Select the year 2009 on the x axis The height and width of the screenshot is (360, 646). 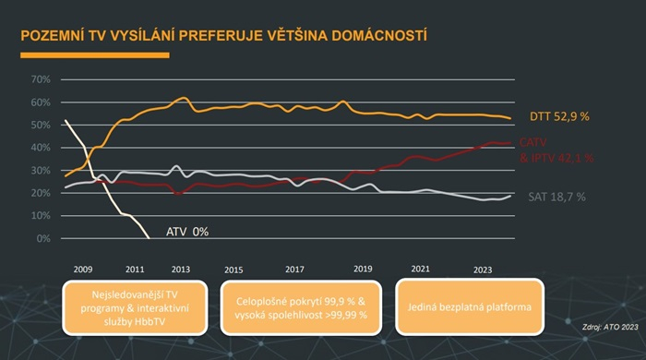[x=83, y=269]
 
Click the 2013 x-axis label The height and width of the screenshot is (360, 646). [x=181, y=269]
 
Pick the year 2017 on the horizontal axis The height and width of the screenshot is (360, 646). [x=294, y=269]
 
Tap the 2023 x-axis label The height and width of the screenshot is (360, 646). [x=483, y=269]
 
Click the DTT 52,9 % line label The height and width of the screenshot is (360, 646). [x=559, y=117]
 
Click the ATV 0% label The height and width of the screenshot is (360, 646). [x=187, y=231]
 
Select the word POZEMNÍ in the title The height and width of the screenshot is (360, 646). [x=56, y=36]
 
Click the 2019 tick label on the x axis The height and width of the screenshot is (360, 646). [x=363, y=269]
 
